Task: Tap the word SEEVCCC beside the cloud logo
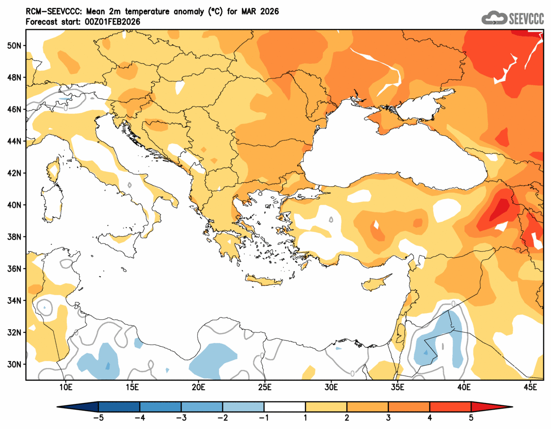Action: (x=526, y=19)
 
